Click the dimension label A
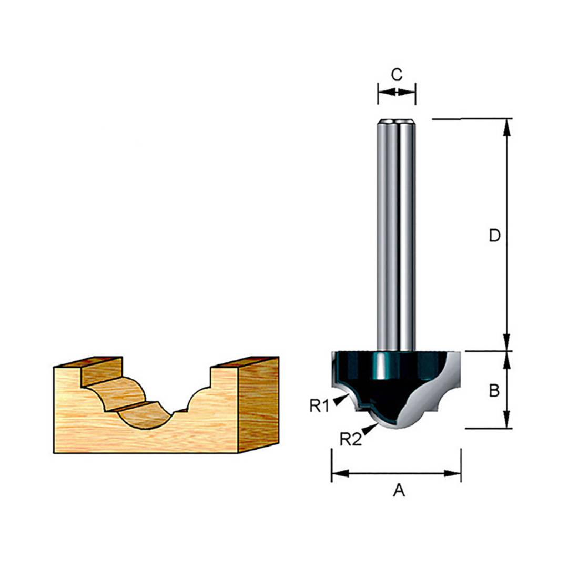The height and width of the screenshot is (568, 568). [399, 491]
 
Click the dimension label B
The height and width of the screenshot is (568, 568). [494, 391]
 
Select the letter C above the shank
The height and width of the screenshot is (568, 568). [397, 75]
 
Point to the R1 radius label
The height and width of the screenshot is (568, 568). [319, 405]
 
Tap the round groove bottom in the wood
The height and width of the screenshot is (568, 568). [145, 418]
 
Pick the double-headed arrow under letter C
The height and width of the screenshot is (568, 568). [397, 92]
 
